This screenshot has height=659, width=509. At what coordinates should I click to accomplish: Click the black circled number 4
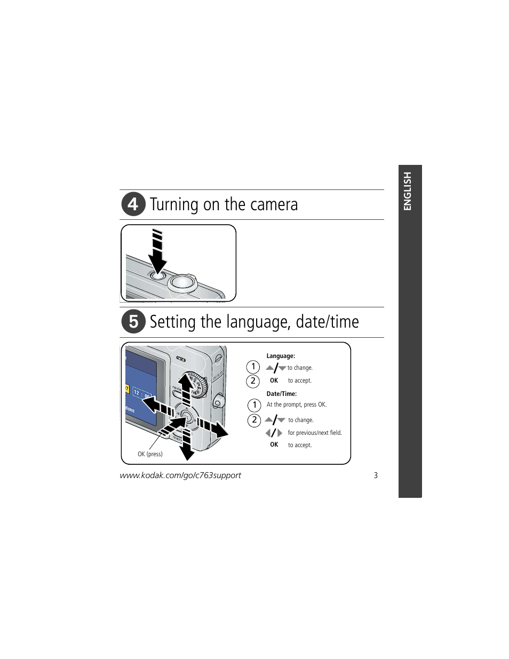[x=133, y=204]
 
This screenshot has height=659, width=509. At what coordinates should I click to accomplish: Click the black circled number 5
[x=133, y=322]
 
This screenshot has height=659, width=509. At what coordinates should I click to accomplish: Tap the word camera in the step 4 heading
[x=275, y=204]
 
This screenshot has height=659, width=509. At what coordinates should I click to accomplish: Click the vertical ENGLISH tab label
[x=408, y=192]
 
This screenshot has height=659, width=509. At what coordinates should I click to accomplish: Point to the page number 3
[x=376, y=475]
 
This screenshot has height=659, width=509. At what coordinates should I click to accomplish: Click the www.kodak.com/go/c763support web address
[x=180, y=475]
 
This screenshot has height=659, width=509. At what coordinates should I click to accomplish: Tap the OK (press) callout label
[x=150, y=454]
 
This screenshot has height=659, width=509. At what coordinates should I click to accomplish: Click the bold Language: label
[x=281, y=356]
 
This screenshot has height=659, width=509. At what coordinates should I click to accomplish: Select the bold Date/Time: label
[x=282, y=394]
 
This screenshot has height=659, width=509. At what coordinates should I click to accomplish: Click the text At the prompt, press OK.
[x=297, y=404]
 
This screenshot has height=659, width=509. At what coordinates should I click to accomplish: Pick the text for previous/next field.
[x=315, y=433]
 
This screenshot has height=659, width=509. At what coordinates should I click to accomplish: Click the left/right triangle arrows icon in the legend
[x=274, y=433]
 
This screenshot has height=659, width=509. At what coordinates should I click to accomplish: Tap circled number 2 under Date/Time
[x=254, y=420]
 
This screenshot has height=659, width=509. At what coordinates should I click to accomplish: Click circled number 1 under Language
[x=253, y=367]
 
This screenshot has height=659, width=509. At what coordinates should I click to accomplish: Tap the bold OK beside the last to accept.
[x=274, y=444]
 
